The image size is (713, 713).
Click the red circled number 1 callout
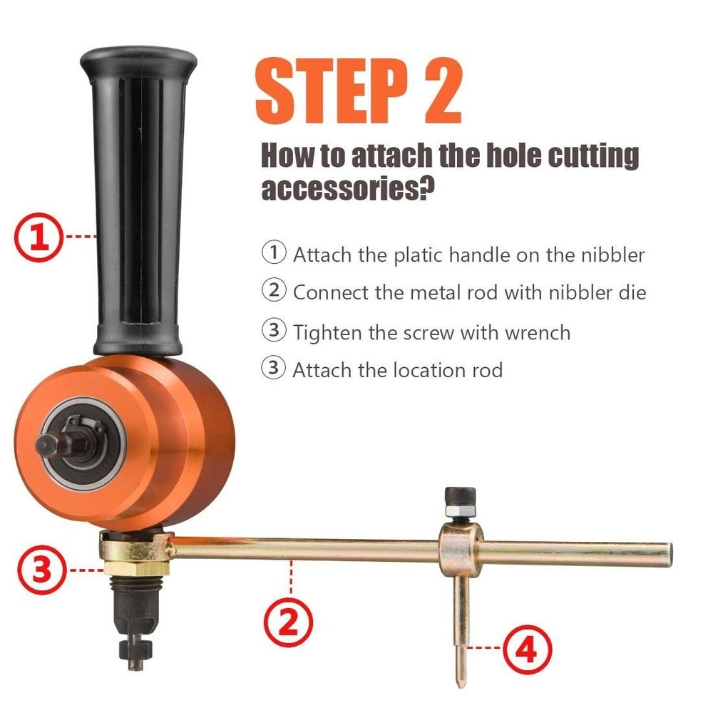[x=40, y=236]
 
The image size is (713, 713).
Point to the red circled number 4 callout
[x=528, y=651]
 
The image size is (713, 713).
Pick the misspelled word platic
[x=421, y=255]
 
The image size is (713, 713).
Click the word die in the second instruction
[x=632, y=292]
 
